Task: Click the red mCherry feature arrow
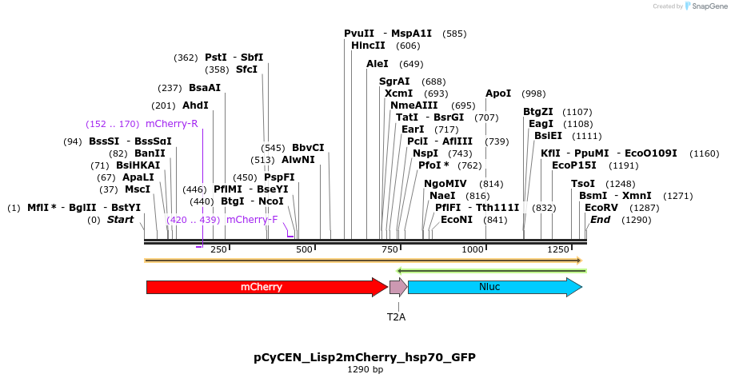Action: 266,287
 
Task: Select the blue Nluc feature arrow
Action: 494,287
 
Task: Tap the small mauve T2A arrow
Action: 397,287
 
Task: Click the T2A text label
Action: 397,317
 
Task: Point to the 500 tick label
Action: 304,250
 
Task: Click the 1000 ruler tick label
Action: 473,250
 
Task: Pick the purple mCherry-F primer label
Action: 252,220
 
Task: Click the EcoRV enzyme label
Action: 601,208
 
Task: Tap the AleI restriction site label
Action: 377,64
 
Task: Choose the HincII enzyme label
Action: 368,46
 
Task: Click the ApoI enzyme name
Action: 498,94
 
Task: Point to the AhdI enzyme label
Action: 195,105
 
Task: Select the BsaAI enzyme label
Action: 205,88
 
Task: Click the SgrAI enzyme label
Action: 394,82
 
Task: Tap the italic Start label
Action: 121,220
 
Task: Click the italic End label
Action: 601,220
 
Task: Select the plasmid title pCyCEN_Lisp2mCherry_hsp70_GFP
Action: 365,357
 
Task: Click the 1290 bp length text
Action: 365,370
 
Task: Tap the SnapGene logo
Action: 703,6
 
